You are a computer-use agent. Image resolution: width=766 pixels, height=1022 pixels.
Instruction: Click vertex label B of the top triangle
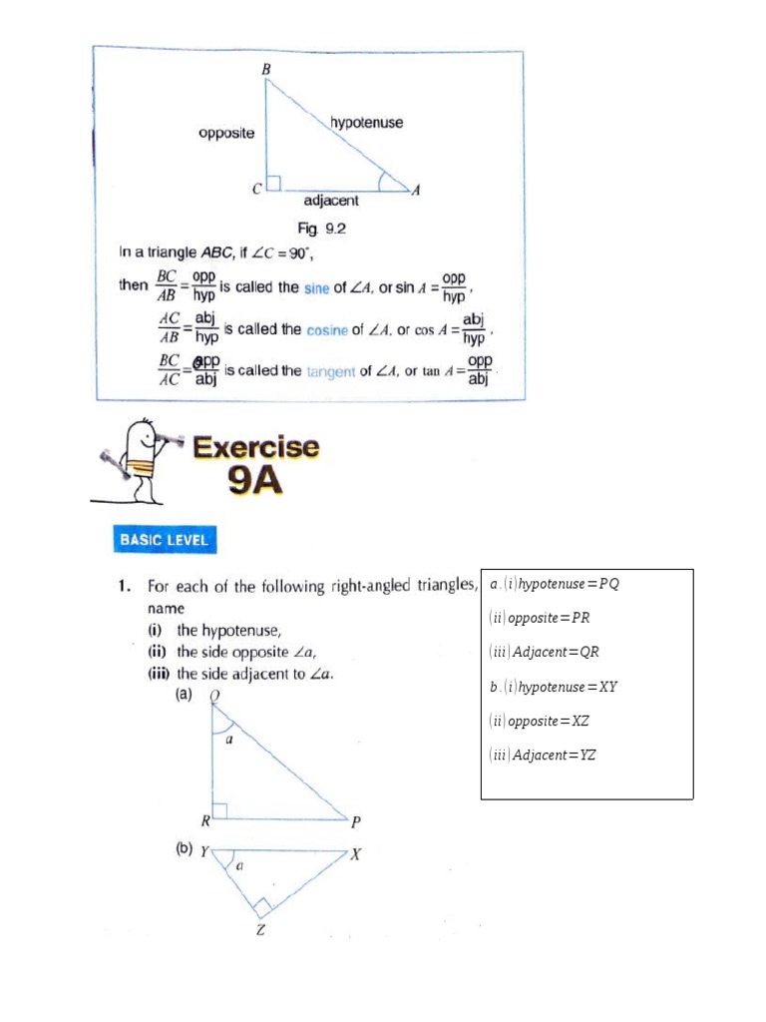click(266, 68)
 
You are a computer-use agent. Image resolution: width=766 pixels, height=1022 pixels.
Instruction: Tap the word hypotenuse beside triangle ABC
click(366, 123)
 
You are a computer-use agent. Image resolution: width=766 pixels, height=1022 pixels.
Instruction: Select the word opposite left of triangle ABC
click(226, 133)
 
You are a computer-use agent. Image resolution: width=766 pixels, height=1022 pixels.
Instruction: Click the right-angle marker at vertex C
click(275, 183)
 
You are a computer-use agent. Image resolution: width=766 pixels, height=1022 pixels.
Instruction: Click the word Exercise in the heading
click(256, 447)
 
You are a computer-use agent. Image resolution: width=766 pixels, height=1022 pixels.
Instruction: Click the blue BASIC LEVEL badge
click(165, 540)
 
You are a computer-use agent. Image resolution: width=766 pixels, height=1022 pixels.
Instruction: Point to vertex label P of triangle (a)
click(356, 822)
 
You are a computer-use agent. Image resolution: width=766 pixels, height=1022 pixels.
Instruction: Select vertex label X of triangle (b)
click(355, 854)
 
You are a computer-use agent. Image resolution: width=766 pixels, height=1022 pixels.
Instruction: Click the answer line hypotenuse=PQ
click(554, 584)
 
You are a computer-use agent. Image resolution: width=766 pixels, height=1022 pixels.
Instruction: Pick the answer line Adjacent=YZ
click(543, 755)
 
